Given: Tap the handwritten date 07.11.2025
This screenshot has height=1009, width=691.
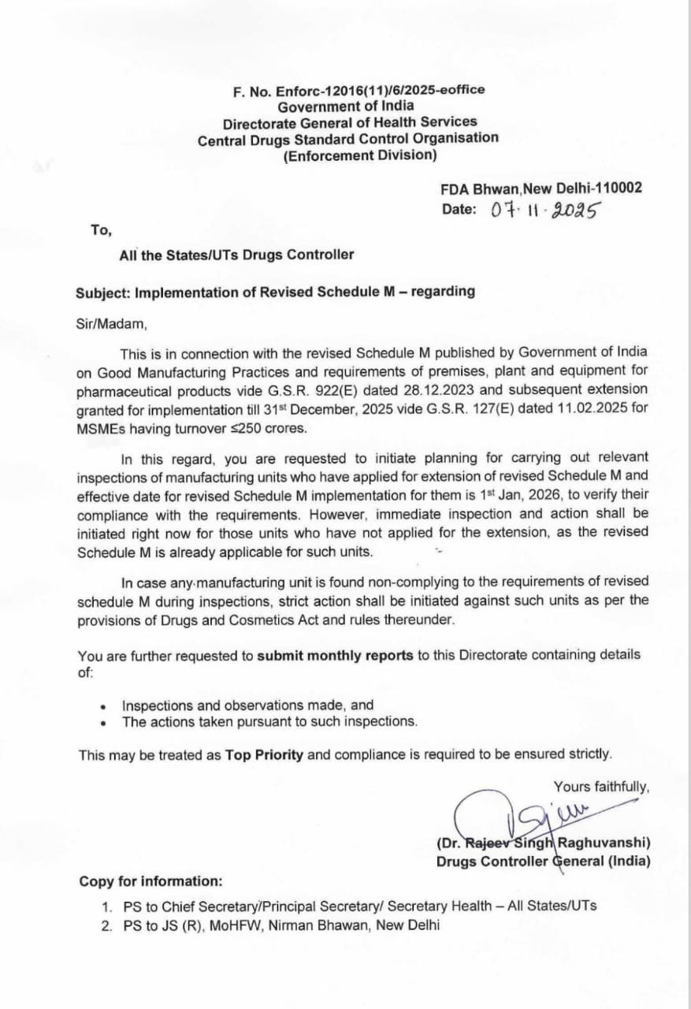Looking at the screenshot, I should (545, 210).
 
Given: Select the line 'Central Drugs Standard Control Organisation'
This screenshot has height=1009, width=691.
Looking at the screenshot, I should (347, 138).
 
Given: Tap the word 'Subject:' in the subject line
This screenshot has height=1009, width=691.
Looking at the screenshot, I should (103, 292).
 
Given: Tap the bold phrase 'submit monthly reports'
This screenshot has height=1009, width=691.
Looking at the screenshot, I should (335, 656).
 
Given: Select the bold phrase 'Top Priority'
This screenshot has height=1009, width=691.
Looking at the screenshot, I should (264, 754).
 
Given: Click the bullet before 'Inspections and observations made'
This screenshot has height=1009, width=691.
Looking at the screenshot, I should (103, 706).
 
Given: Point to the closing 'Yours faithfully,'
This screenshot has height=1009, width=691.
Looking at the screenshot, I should (601, 787).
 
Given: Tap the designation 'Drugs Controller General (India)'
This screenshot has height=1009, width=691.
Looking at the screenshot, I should (544, 862).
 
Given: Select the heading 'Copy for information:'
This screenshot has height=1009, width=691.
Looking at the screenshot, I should (150, 881).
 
